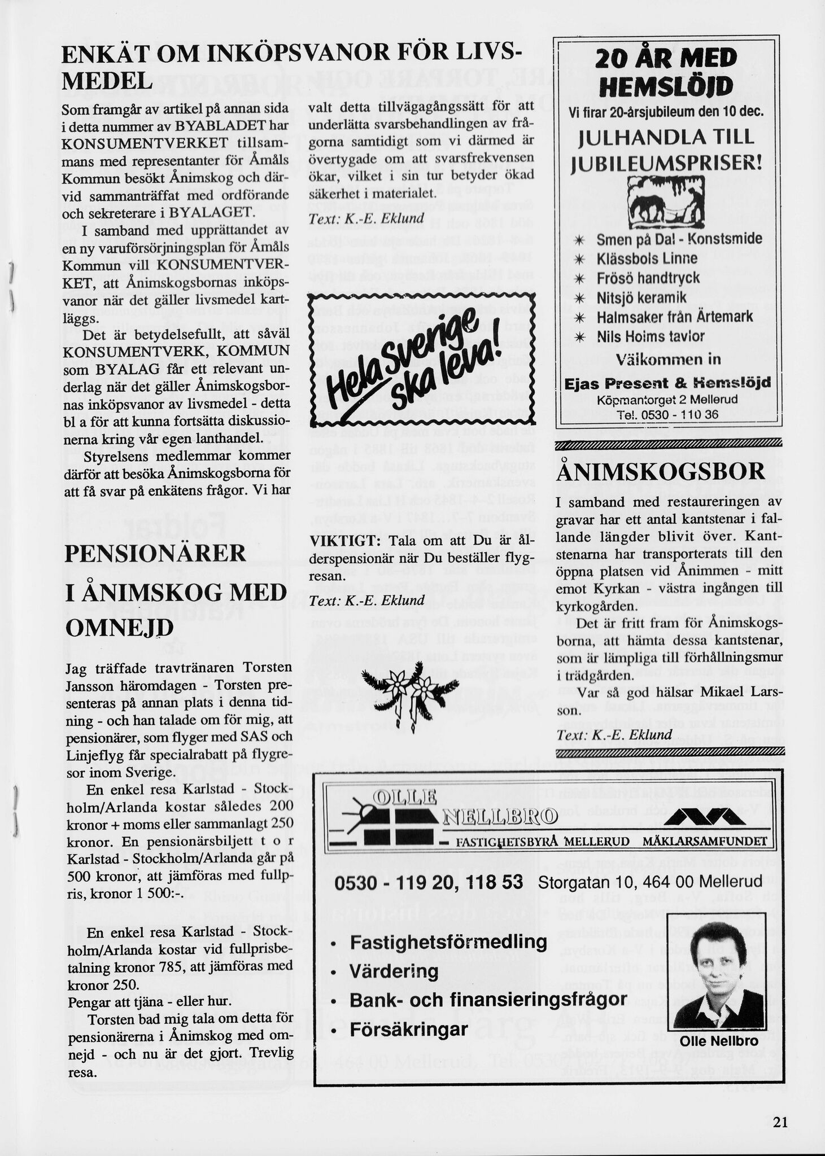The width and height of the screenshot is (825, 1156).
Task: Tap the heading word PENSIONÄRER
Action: point(155,553)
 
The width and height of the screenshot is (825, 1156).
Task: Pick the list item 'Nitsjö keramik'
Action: point(641,297)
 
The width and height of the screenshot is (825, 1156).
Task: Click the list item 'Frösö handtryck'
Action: point(648,278)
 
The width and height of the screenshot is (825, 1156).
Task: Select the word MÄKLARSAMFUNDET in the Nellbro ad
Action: point(704,842)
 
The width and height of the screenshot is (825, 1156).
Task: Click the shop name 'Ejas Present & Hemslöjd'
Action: point(667,384)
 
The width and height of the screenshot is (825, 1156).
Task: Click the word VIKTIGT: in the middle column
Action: point(341,541)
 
